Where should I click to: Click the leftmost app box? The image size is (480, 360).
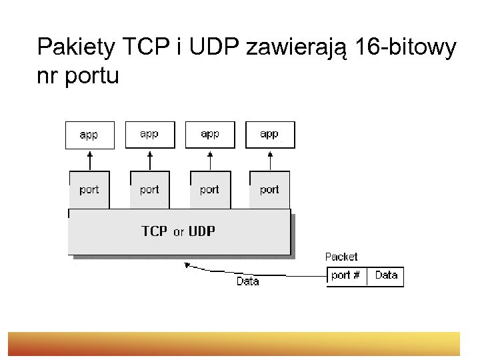point(89,135)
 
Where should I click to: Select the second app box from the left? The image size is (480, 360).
point(149,134)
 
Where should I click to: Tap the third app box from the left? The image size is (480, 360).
point(210,134)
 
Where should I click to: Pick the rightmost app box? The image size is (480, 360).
point(269,134)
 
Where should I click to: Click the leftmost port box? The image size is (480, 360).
point(89,189)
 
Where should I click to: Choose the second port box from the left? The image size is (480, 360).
point(149,189)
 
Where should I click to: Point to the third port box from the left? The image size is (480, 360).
point(210,189)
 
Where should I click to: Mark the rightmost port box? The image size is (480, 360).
point(269,189)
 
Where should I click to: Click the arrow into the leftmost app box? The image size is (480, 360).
point(90,160)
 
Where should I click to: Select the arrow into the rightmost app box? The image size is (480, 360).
point(270,160)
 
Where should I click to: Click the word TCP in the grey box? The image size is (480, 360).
point(155,231)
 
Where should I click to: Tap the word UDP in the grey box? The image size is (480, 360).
point(202,231)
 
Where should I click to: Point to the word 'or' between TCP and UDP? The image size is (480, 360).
point(179,233)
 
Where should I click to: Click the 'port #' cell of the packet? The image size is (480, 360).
point(346,275)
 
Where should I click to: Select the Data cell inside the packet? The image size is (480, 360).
point(387,275)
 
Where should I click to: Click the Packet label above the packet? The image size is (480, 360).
point(341,257)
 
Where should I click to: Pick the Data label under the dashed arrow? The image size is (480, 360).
point(247,281)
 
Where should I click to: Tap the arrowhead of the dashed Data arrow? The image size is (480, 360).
point(188,265)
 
